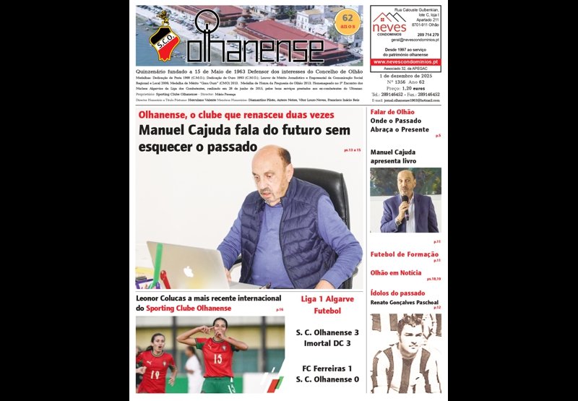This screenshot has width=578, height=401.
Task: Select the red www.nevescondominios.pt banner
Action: pos(405,62)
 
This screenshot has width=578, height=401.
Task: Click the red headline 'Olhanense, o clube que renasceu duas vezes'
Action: pos(236,115)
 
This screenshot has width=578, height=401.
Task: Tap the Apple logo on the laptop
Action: pos(189,272)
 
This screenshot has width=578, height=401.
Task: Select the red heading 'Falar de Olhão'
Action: pos(392,112)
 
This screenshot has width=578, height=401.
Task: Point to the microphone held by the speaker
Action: pos(405,200)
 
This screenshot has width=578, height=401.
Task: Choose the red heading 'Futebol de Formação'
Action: pos(404,254)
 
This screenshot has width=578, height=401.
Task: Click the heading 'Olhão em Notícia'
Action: pos(395,272)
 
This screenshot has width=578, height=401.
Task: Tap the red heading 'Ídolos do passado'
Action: pos(397,293)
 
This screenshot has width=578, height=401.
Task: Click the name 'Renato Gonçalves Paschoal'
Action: pos(405,302)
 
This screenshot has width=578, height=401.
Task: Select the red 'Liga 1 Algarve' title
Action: pos(327,298)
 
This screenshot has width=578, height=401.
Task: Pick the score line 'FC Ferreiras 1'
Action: pos(327,368)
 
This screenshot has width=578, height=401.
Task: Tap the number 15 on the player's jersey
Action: pos(217,358)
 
